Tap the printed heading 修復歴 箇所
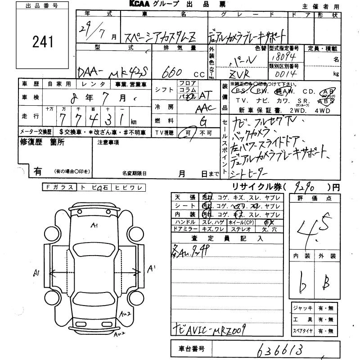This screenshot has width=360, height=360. (42, 142)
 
